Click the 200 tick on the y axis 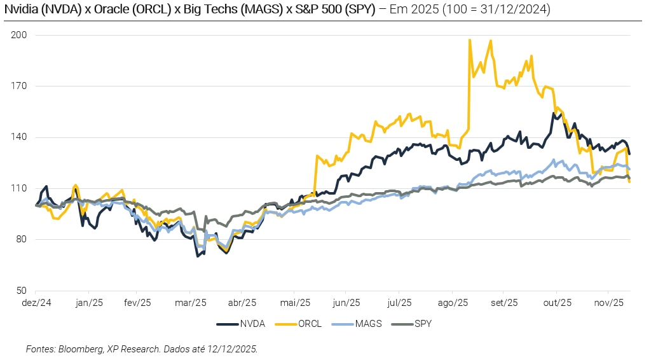tap(18, 35)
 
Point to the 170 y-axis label tap(18, 86)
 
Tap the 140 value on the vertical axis tap(18, 137)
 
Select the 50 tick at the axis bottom tap(21, 291)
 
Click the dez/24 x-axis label tap(36, 303)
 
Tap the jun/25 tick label tap(348, 303)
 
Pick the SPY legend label tap(422, 324)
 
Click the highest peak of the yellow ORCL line tap(470, 39)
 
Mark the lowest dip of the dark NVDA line tap(198, 256)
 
